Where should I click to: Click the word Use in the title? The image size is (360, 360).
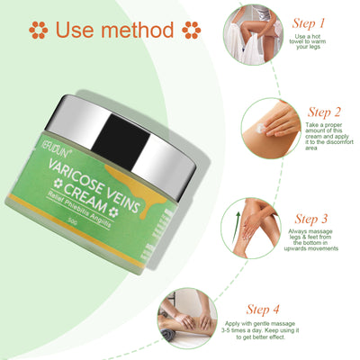(77, 30)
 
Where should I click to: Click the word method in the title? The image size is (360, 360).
(136, 30)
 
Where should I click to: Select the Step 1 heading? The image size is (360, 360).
(309, 22)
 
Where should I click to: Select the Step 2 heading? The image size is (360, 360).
(309, 113)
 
